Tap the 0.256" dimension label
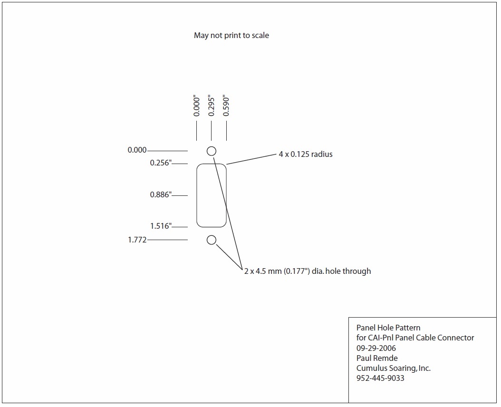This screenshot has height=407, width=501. click(x=161, y=163)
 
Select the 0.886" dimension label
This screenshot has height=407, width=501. click(x=161, y=195)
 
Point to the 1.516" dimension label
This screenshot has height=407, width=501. click(x=161, y=226)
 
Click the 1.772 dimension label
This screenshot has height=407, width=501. click(x=137, y=240)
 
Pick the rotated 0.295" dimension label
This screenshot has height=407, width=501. click(x=211, y=105)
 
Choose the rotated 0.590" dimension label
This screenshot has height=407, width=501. click(x=226, y=105)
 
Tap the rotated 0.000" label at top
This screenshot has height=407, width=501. click(x=196, y=105)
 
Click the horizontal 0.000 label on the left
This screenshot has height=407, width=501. click(x=137, y=150)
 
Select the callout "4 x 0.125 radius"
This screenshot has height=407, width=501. click(x=306, y=154)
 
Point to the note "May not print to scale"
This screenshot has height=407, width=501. click(x=231, y=36)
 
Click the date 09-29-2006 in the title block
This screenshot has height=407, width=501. click(x=376, y=348)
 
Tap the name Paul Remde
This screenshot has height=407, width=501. click(x=377, y=358)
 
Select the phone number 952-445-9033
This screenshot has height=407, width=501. click(x=380, y=378)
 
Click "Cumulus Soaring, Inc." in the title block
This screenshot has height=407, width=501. click(x=394, y=368)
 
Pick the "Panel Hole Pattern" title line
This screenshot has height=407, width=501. click(x=388, y=328)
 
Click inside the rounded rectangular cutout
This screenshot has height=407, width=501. click(x=212, y=195)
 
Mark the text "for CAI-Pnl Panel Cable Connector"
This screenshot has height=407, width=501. click(x=415, y=338)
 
